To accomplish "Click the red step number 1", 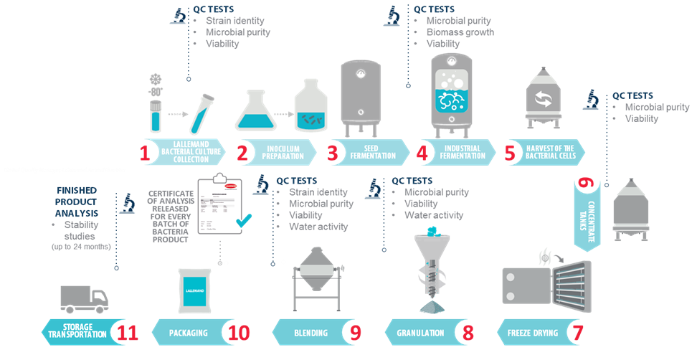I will tap(146, 153).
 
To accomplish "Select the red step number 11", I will tap(125, 333).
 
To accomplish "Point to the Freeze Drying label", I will tap(526, 333).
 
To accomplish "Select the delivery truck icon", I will tap(84, 300).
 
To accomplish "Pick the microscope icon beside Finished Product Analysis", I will tap(128, 204).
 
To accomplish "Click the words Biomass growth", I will tap(460, 32).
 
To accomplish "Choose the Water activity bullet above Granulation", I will tap(434, 215).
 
